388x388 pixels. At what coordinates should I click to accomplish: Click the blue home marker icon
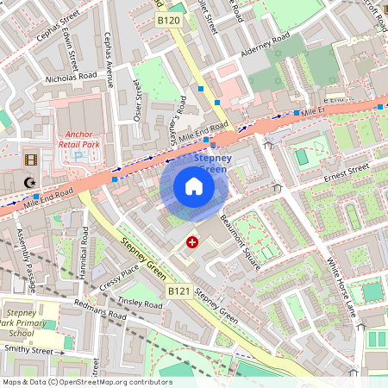point(194,187)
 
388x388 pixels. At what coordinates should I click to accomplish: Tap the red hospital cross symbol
point(191,243)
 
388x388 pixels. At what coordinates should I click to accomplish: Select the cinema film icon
point(32,160)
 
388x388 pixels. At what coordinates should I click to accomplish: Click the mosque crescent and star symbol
point(31,182)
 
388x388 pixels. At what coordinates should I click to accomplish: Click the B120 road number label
point(169,19)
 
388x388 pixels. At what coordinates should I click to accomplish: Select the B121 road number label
point(178,292)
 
